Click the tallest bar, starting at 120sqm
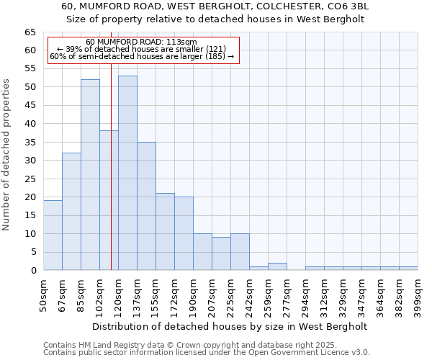pos(127,173)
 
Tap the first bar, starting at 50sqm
pos(53,235)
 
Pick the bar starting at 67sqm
pos(71,212)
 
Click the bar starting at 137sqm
pos(146,206)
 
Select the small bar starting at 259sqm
pos(277,266)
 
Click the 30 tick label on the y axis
pos(30,161)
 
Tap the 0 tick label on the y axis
pos(32,271)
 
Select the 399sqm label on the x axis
pos(418,294)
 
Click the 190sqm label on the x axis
pos(193,294)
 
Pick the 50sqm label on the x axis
pos(43,294)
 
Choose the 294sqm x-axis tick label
pos(305,294)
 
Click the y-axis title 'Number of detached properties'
pos(6,155)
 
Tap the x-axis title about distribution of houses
pos(230,326)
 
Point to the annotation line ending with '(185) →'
pos(142,56)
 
